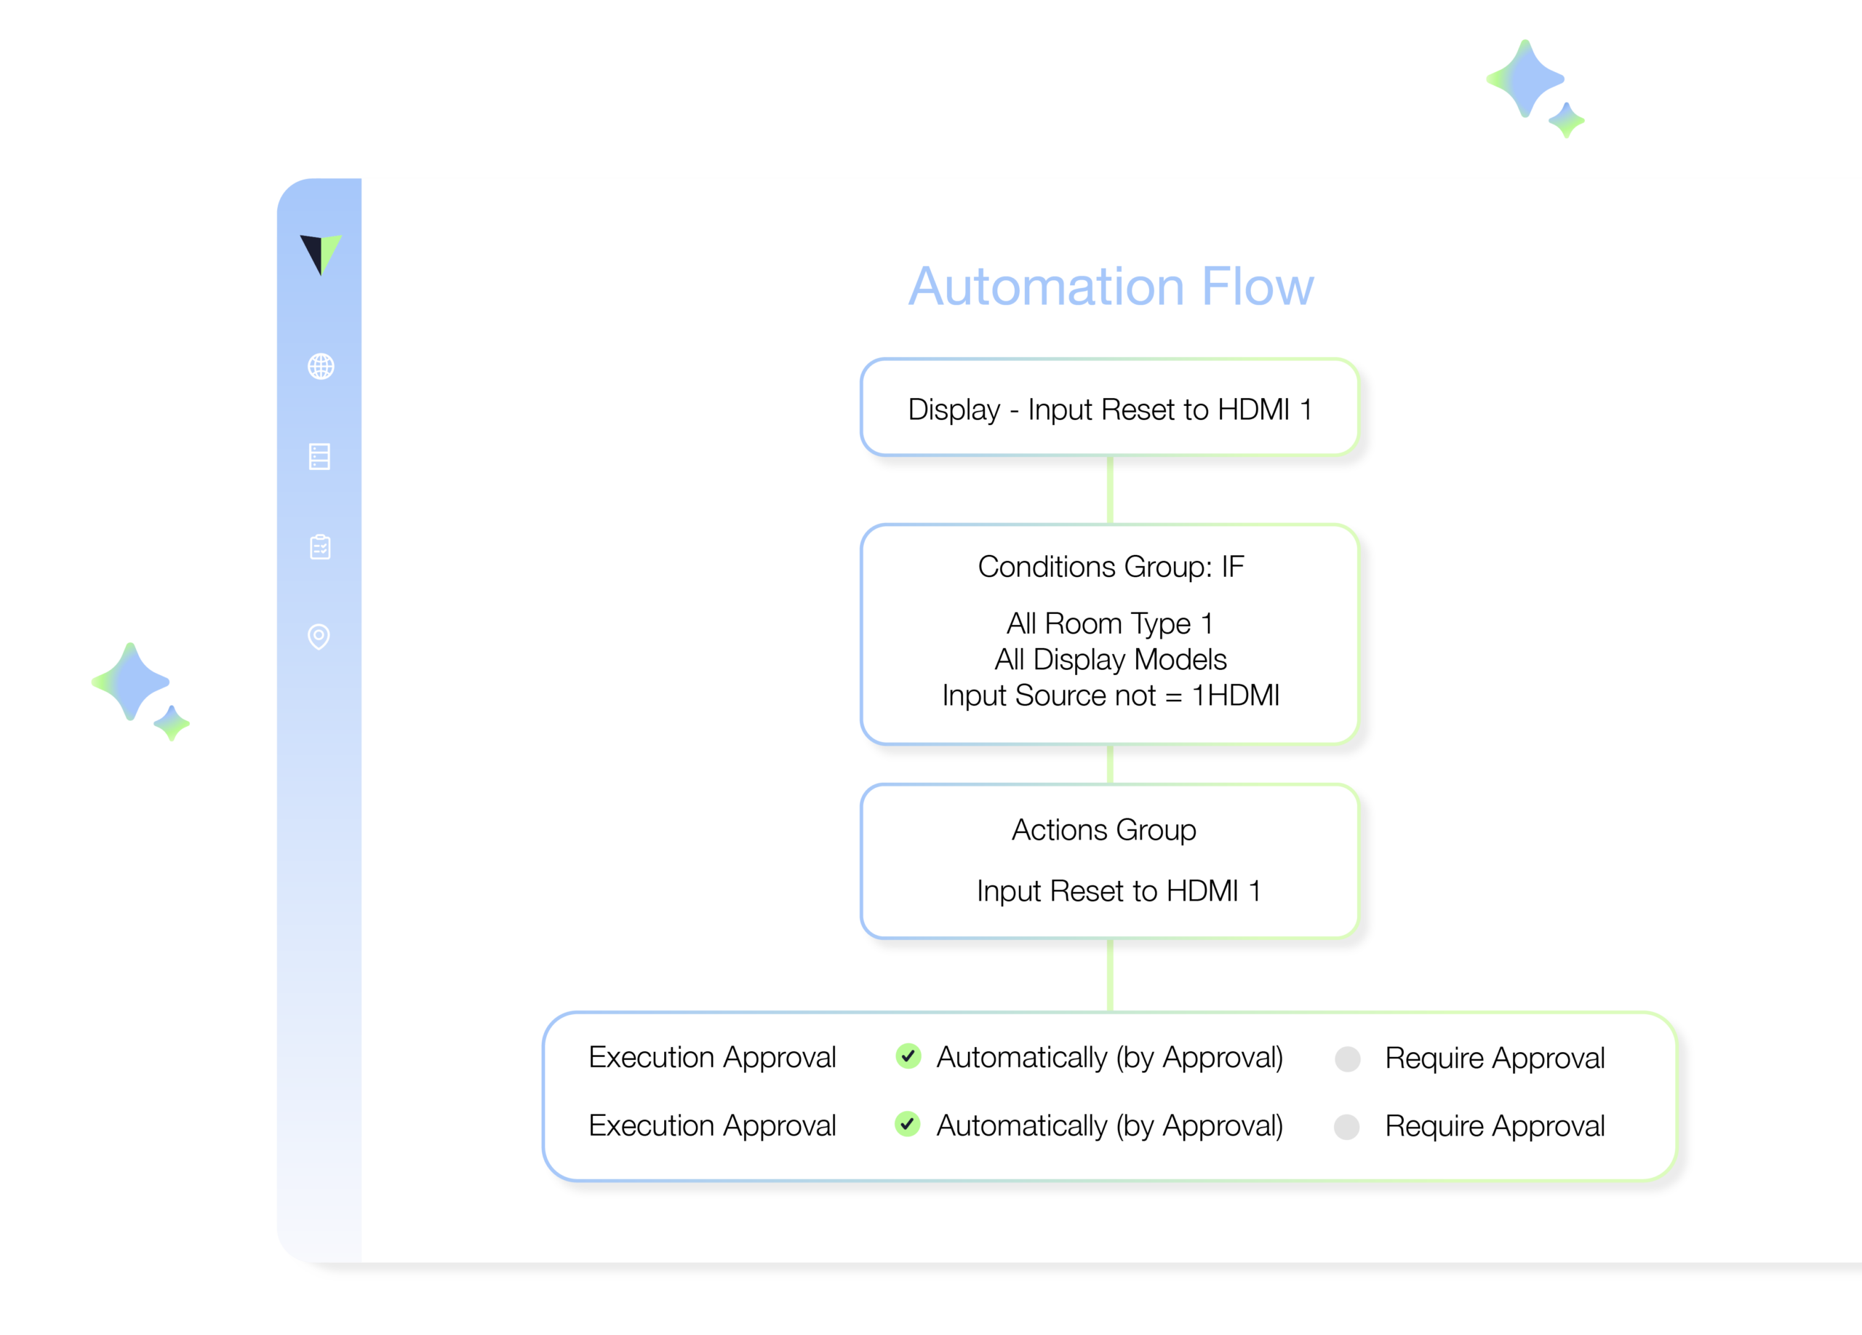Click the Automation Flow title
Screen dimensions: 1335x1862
tap(1110, 287)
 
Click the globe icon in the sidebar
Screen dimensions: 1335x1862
tap(321, 366)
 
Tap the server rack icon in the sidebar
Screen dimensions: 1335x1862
tap(319, 456)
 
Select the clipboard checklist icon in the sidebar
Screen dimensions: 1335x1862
tap(320, 547)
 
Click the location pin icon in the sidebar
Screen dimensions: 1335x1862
tap(319, 637)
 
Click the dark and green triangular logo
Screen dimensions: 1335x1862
tap(320, 254)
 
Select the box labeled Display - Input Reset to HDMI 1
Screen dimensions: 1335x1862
tap(1109, 408)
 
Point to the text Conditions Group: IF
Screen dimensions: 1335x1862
tap(1110, 567)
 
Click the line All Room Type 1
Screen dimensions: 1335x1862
tap(1109, 624)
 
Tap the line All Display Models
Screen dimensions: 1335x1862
tap(1110, 659)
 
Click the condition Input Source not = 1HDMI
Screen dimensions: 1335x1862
tap(1110, 696)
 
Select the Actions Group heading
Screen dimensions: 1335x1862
tap(1103, 830)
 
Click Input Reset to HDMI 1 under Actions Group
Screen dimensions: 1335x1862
tap(1118, 890)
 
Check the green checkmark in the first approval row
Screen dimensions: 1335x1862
tap(908, 1056)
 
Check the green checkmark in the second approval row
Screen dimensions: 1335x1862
tap(907, 1124)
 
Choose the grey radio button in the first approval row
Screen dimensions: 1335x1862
tap(1347, 1059)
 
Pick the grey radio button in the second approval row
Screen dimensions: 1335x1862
tap(1346, 1126)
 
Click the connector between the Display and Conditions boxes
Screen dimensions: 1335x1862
tap(1110, 490)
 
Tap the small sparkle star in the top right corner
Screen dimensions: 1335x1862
tap(1567, 121)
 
